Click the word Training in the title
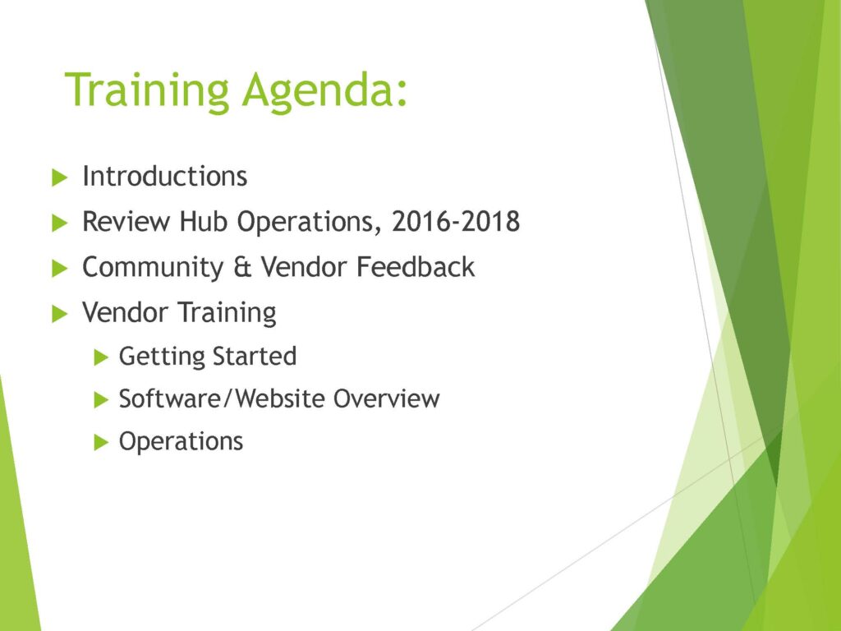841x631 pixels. tap(147, 91)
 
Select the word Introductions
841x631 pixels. tap(164, 176)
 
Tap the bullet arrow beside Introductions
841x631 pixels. tap(59, 177)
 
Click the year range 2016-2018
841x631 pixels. tap(456, 221)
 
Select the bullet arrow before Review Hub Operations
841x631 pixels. tap(59, 223)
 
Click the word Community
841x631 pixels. tap(153, 268)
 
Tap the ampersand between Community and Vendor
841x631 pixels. tap(242, 268)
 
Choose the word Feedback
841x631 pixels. tap(415, 267)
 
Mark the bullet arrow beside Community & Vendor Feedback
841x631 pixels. tap(59, 269)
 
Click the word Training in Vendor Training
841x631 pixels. tap(227, 313)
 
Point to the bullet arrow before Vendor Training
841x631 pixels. tap(59, 313)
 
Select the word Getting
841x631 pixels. tap(162, 357)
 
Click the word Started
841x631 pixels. tap(255, 357)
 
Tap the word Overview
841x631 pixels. tap(386, 398)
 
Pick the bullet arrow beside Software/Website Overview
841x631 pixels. tap(101, 400)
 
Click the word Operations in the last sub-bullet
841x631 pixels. tap(181, 442)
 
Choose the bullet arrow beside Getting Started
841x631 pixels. tap(101, 357)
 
